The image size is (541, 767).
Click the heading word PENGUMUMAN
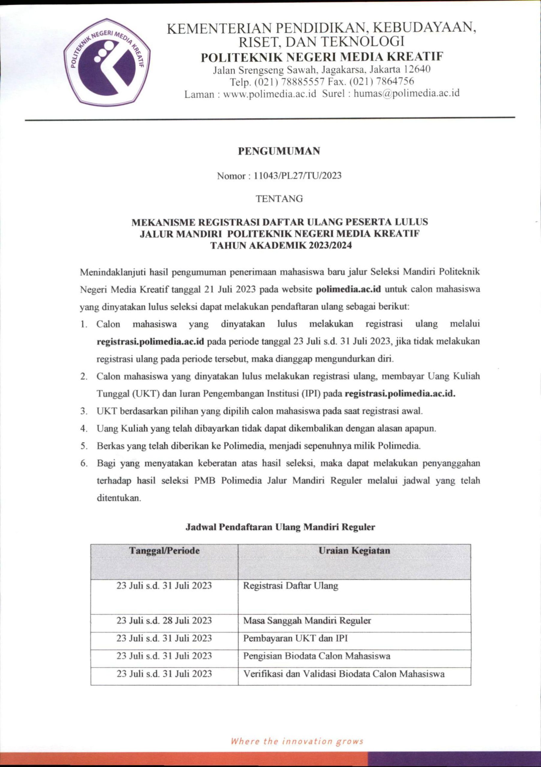[279, 151]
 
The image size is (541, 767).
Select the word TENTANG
[279, 199]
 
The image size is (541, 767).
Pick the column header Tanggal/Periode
[165, 550]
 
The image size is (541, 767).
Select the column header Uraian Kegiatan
[354, 550]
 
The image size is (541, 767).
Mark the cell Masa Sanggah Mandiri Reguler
[307, 621]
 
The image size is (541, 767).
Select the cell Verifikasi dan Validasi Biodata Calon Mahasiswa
[344, 674]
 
